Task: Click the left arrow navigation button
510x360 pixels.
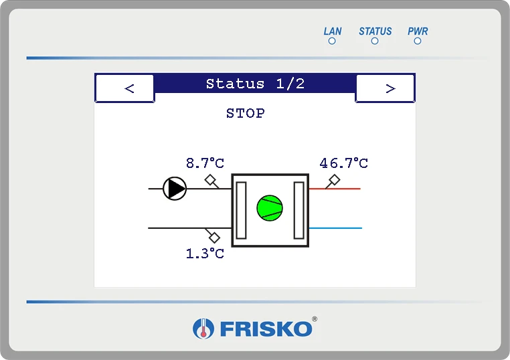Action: [125, 88]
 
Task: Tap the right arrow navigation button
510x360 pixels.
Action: [385, 88]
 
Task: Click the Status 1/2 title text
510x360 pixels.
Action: [255, 84]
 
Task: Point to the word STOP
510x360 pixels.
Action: [246, 114]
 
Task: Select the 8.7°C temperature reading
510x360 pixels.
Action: [205, 163]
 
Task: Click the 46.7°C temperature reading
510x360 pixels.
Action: [344, 163]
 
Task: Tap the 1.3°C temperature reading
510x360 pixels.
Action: [205, 254]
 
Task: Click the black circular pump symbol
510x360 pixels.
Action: [175, 189]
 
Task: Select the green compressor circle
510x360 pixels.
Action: [270, 208]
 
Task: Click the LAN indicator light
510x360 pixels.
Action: [332, 41]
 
